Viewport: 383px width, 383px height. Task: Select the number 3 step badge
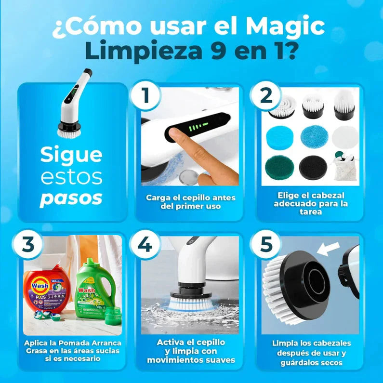[x=28, y=245]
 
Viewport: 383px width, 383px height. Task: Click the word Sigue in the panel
[x=71, y=155]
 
